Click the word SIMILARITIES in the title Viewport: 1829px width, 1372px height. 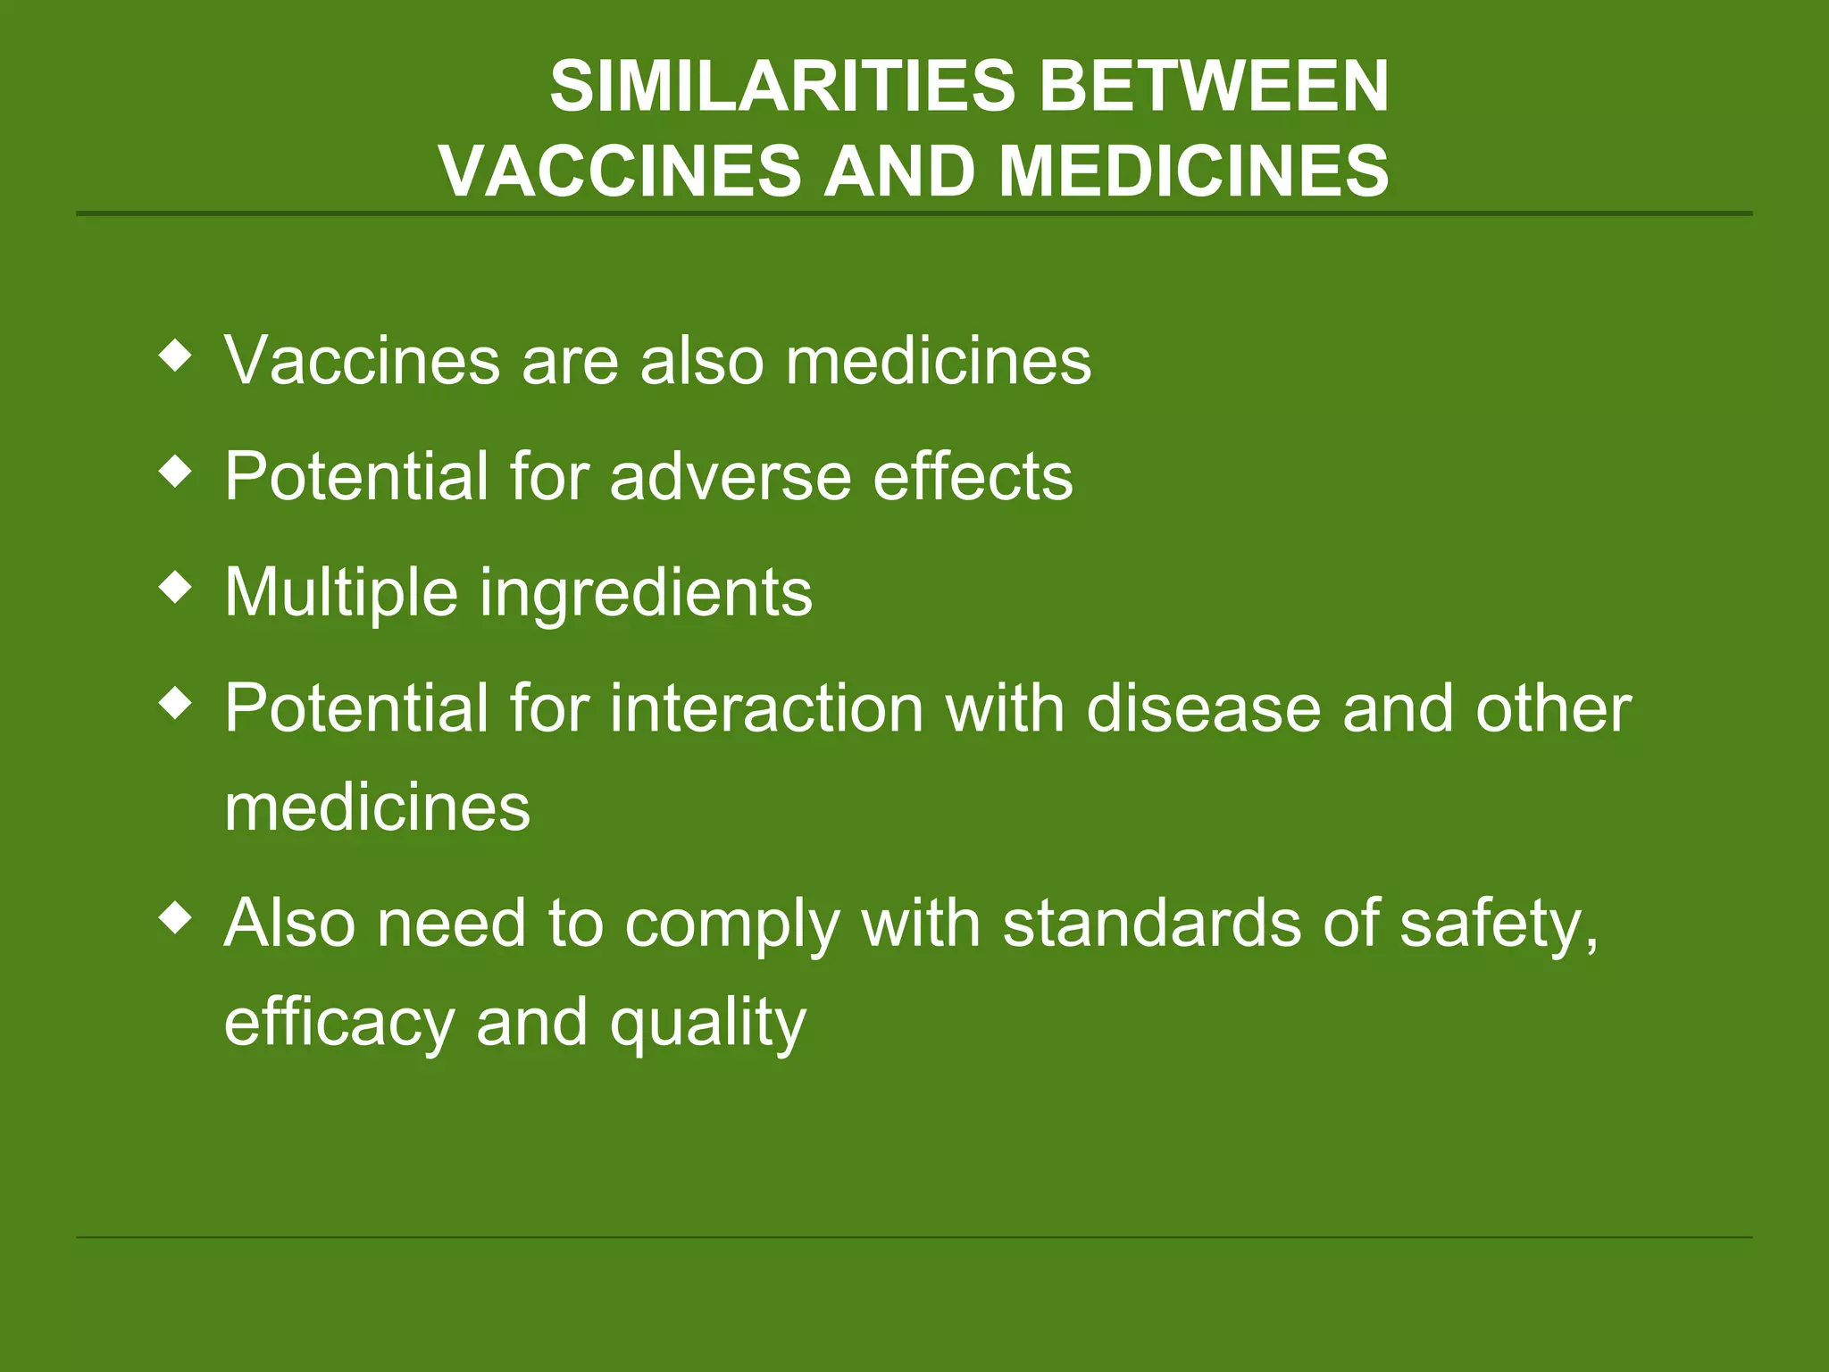click(782, 88)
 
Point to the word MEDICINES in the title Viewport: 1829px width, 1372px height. click(1194, 171)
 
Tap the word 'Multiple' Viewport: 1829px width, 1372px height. click(341, 594)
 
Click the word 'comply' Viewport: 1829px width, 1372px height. click(732, 925)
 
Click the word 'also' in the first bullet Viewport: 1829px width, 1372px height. click(701, 361)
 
